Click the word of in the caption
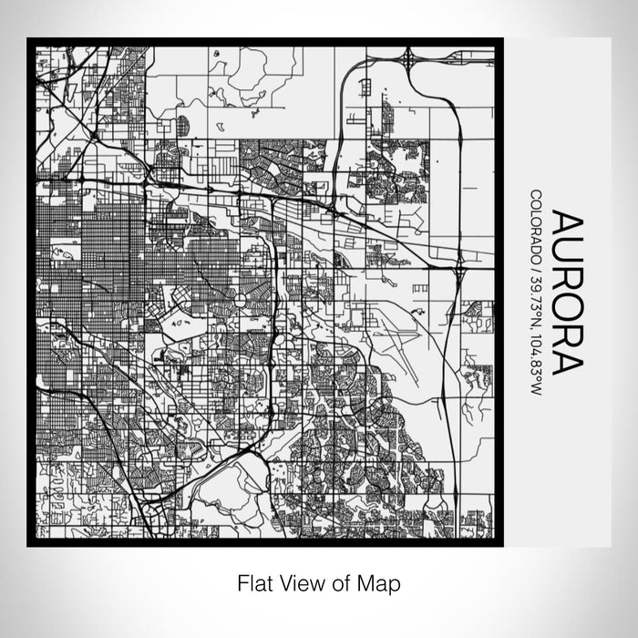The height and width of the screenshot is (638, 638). [x=338, y=581]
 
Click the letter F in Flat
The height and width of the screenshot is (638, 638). [x=242, y=581]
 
